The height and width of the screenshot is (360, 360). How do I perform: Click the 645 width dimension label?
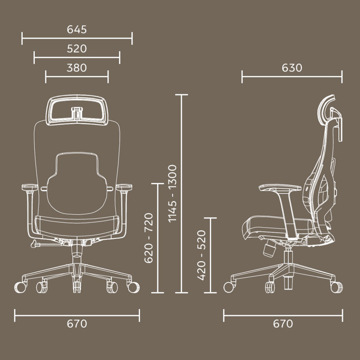click(77, 30)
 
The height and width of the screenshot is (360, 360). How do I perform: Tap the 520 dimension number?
click(77, 49)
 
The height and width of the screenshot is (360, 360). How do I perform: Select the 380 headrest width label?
click(77, 68)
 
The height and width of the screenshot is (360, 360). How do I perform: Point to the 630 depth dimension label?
click(292, 68)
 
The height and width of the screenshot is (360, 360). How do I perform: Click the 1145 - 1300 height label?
click(172, 193)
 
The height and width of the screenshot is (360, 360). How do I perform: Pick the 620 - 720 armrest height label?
click(149, 238)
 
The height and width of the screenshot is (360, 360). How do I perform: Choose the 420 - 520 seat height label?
click(201, 255)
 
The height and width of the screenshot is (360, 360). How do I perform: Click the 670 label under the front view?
click(77, 324)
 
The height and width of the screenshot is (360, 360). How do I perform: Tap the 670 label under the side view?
click(283, 324)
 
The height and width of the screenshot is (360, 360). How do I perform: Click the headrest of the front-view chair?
click(77, 98)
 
